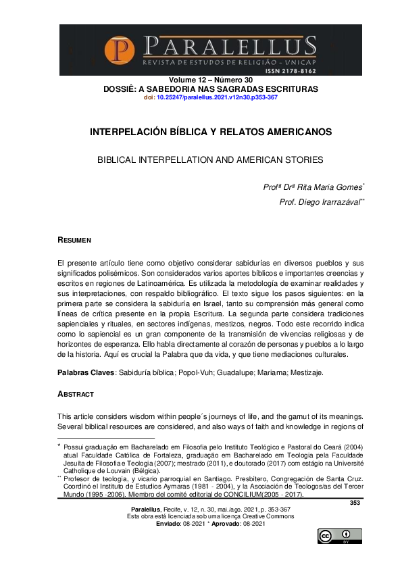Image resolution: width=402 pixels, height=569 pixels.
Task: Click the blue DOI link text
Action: pos(217,97)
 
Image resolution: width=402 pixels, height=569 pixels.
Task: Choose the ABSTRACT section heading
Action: pos(76,394)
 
